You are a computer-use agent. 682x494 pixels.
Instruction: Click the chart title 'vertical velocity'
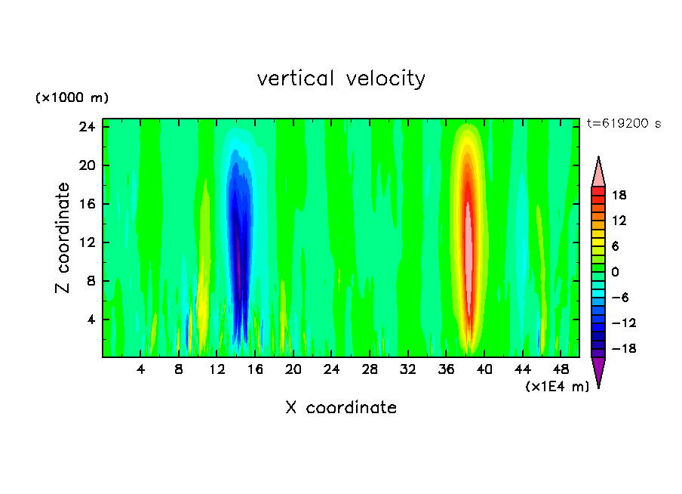click(341, 79)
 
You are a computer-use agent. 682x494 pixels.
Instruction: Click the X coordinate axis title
click(341, 408)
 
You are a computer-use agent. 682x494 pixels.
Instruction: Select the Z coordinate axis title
click(63, 238)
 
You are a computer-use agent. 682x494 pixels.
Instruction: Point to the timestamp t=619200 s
click(623, 124)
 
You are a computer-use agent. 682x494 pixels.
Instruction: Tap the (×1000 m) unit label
click(72, 98)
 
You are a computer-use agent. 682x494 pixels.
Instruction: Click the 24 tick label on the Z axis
click(88, 127)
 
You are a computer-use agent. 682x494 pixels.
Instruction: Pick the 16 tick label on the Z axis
click(88, 204)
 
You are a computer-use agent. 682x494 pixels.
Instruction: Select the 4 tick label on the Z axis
click(91, 320)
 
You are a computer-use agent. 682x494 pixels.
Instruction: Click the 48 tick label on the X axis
click(560, 369)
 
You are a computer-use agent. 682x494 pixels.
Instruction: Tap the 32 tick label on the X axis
click(407, 369)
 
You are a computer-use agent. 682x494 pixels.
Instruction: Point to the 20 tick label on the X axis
click(293, 369)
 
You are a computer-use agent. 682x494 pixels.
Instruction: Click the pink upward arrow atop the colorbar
click(598, 171)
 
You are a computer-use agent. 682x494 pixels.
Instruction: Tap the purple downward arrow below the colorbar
click(598, 372)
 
